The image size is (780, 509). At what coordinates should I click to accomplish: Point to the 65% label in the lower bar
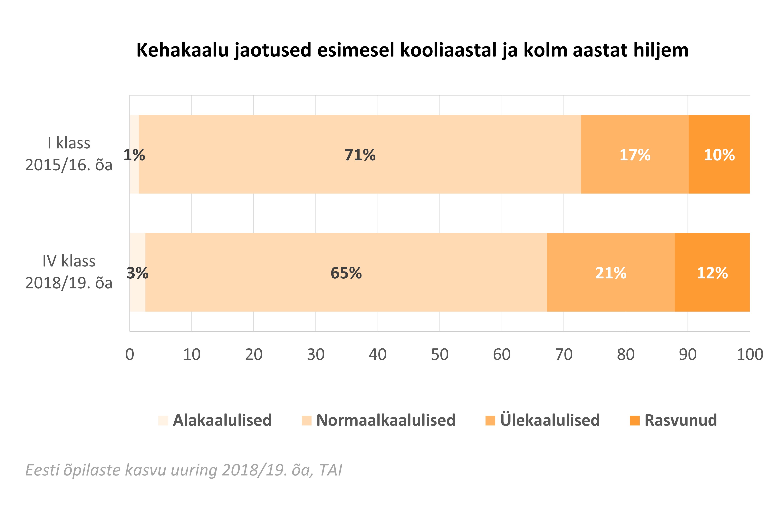(x=346, y=273)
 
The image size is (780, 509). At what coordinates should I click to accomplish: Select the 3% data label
(x=137, y=273)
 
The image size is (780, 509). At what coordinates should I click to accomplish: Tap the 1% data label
(x=134, y=155)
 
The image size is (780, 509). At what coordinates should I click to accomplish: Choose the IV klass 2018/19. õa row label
(x=69, y=272)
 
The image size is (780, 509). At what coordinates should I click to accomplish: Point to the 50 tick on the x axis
(x=439, y=354)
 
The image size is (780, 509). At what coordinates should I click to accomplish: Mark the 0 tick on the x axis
(x=130, y=354)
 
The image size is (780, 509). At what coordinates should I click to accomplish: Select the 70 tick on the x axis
(x=564, y=354)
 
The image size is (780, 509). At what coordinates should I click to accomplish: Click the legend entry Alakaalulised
(x=222, y=420)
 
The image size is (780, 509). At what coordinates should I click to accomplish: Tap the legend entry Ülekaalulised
(x=550, y=420)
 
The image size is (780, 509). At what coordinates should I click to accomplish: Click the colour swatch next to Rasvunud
(x=634, y=420)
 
